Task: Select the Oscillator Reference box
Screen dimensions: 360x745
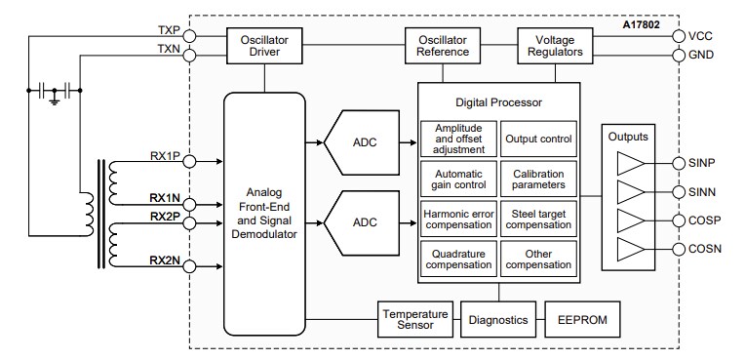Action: (443, 44)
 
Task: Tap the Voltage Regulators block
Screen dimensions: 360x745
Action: (552, 44)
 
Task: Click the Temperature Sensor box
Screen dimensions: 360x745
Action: (414, 320)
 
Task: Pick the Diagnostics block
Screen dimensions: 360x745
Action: (497, 320)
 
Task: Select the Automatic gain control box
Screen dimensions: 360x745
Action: (458, 179)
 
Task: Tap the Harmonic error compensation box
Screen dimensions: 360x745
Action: (458, 219)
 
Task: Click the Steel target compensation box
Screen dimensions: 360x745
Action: (537, 219)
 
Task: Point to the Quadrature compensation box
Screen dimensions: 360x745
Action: (458, 259)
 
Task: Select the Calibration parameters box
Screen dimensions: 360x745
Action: (537, 179)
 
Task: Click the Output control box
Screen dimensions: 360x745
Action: (537, 139)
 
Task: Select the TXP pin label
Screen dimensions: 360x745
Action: (168, 30)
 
